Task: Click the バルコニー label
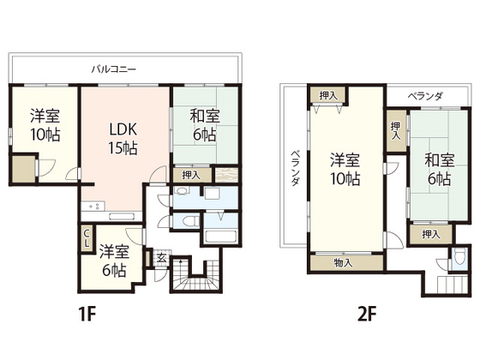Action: [113, 69]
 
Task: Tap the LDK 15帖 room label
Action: [123, 139]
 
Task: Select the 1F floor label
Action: [87, 314]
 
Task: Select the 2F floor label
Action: [366, 314]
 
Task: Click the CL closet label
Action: [87, 238]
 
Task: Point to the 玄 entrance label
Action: [161, 258]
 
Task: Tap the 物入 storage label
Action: [343, 262]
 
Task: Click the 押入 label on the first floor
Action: [191, 175]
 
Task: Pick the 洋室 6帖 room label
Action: [113, 261]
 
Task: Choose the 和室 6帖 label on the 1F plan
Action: [205, 125]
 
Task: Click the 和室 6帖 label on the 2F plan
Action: [439, 170]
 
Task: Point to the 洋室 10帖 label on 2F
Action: [345, 170]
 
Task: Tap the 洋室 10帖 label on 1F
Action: [45, 125]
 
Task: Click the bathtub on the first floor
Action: [220, 237]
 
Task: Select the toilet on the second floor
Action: [459, 256]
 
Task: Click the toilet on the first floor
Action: [188, 221]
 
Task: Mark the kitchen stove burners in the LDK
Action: [94, 206]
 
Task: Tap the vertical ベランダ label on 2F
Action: [295, 168]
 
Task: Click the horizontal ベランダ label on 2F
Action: [425, 96]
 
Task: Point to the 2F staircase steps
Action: [453, 285]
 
